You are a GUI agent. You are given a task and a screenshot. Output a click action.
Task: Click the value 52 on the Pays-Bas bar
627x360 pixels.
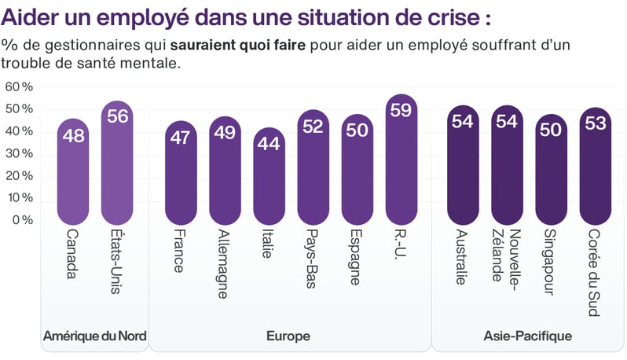click(x=313, y=127)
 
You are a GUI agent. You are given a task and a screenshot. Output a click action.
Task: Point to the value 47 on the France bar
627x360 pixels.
click(x=181, y=138)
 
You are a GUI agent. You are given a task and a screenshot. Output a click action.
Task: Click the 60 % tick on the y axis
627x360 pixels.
click(x=19, y=86)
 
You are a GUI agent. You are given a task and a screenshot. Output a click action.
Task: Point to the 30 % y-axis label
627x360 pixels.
click(x=19, y=153)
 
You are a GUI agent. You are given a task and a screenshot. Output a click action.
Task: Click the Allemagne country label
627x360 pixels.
click(x=224, y=264)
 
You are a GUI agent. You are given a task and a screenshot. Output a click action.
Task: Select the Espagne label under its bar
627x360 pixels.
click(x=357, y=258)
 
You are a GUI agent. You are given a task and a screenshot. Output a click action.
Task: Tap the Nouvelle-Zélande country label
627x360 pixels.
click(x=507, y=255)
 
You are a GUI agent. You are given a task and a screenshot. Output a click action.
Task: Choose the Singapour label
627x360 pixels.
click(x=550, y=263)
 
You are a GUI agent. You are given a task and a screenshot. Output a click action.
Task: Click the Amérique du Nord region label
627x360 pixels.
click(x=94, y=336)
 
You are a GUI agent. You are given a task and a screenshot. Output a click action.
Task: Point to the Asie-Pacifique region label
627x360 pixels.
click(x=527, y=336)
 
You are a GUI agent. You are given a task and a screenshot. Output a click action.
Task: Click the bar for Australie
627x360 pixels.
click(x=461, y=165)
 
